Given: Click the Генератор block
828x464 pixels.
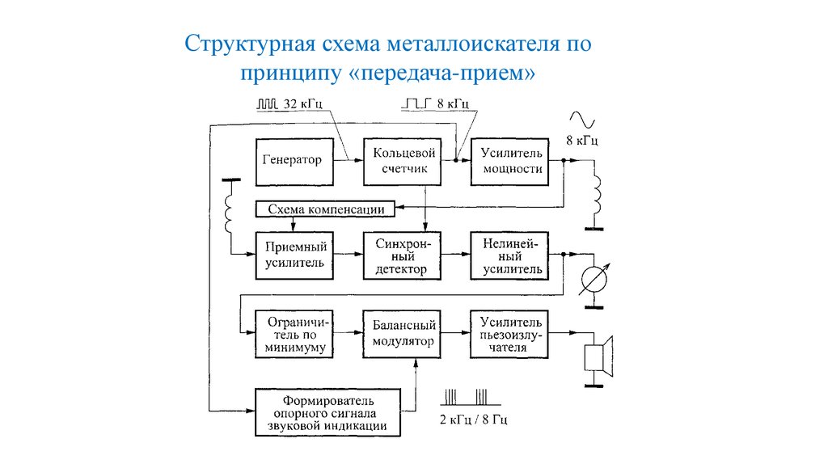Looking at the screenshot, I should [x=292, y=160].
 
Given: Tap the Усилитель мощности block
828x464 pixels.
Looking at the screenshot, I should [x=511, y=160].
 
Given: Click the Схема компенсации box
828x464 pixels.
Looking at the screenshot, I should [x=326, y=209].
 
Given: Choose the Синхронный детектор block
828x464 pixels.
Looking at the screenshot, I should [x=402, y=255].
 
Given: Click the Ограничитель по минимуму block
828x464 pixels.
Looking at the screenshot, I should [x=292, y=333].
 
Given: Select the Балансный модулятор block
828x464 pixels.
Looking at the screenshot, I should [x=403, y=333].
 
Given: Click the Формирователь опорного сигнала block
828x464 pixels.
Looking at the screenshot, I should [x=328, y=412].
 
